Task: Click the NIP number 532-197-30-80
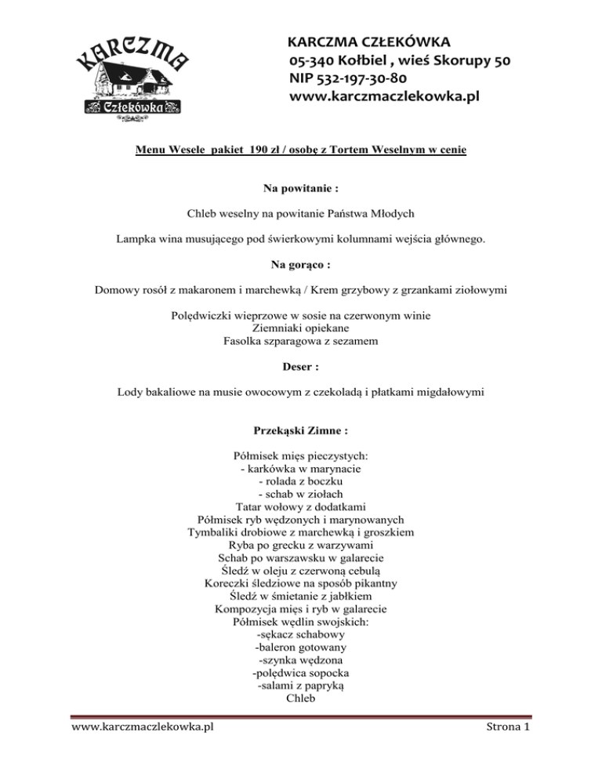pos(348,78)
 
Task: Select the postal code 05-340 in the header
pos(313,60)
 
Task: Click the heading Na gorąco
pos(301,266)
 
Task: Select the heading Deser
pos(301,366)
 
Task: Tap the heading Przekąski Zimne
pos(301,430)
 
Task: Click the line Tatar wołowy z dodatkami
pos(301,506)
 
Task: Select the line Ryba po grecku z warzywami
pos(301,544)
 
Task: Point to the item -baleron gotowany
pos(302,647)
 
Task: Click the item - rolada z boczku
pos(301,480)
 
